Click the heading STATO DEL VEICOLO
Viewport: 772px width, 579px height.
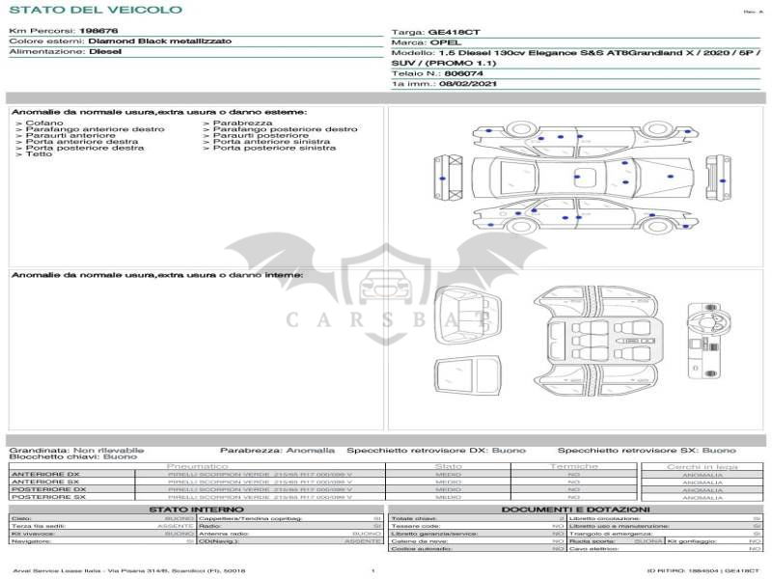(x=95, y=10)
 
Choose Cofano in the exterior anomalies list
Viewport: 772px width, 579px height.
(x=44, y=124)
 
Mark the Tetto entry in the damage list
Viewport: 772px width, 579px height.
(x=40, y=154)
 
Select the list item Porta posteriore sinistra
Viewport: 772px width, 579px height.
(x=274, y=148)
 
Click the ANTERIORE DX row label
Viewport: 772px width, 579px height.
(x=45, y=474)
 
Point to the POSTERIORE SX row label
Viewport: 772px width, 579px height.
(x=48, y=497)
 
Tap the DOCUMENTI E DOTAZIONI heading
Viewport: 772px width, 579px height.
(x=575, y=510)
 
